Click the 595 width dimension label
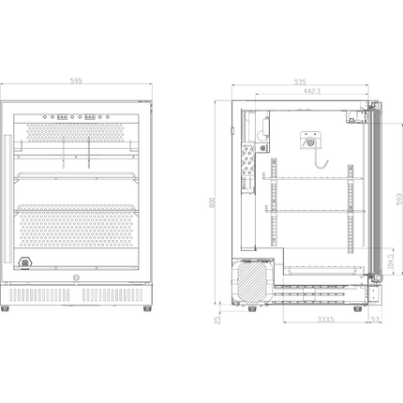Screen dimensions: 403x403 tap(76, 82)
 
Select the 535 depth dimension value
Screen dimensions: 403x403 tap(300, 82)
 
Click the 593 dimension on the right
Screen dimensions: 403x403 tap(396, 199)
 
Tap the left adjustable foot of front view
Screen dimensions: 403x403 tap(9, 307)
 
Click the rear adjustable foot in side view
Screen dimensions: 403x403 tap(251, 306)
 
